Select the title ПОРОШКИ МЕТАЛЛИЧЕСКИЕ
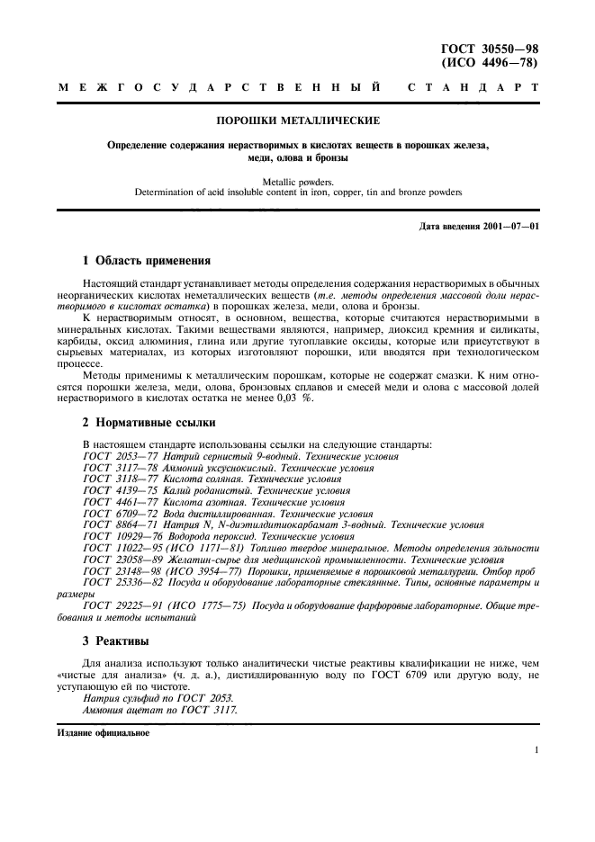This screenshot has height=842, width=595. click(297, 120)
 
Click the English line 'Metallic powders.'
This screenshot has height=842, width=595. click(297, 182)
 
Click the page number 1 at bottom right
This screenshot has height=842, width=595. click(535, 749)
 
